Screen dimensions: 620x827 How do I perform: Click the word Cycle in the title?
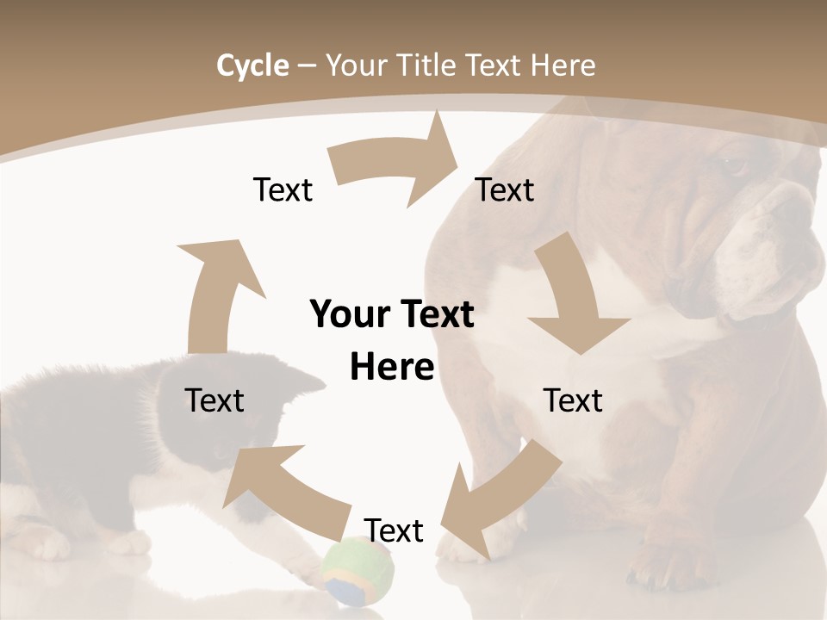point(252,65)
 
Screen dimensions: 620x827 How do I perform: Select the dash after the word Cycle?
point(307,65)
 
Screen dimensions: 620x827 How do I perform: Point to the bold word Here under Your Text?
point(392,368)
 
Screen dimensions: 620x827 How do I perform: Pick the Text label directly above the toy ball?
point(394,530)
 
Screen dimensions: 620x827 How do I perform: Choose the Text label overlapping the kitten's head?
point(215,400)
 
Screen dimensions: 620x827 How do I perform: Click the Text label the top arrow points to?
point(505,189)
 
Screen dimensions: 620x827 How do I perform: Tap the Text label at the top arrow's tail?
point(283,189)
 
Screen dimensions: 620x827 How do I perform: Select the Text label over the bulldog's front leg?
point(573,400)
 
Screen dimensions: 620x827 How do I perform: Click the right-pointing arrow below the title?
point(396,164)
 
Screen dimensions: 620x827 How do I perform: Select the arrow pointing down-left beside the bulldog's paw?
point(500,499)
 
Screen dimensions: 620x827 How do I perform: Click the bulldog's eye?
point(732,164)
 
